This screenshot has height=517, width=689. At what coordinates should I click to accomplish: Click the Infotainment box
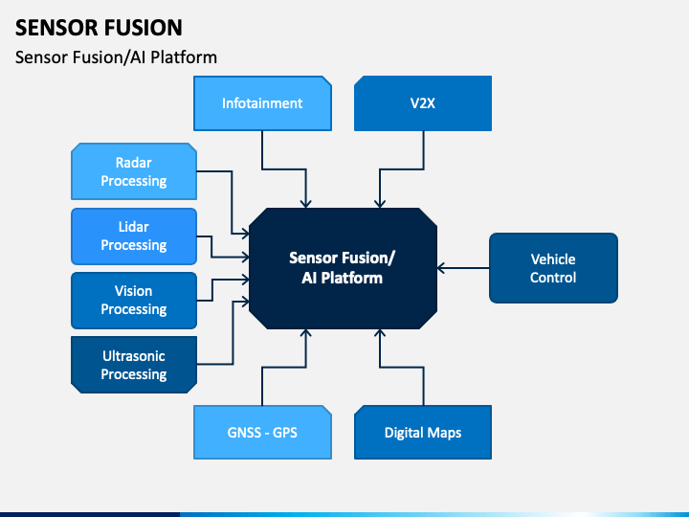[x=262, y=103]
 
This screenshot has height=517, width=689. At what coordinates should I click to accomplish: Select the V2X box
[x=423, y=103]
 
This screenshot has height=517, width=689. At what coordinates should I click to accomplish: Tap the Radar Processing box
[x=134, y=171]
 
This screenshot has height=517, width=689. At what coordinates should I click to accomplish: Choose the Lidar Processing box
[x=134, y=236]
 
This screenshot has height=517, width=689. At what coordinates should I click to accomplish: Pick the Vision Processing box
[x=134, y=301]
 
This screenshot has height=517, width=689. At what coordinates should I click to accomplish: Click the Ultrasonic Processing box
[x=134, y=365]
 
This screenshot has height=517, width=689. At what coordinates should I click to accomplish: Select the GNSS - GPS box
[x=262, y=432]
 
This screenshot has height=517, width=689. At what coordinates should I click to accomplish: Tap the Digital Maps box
[x=423, y=432]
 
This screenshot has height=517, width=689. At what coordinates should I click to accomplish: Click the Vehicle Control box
[x=553, y=268]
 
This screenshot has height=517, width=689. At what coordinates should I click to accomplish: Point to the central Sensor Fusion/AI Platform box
[x=343, y=268]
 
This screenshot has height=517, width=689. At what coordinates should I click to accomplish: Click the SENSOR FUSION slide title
[x=99, y=28]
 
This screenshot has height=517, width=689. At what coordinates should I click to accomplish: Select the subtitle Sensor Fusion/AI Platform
[x=116, y=57]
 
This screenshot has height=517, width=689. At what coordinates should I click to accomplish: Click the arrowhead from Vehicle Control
[x=441, y=268]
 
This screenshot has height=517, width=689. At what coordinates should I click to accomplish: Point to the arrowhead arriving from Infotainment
[x=306, y=204]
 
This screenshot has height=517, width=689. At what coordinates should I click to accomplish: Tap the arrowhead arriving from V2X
[x=380, y=204]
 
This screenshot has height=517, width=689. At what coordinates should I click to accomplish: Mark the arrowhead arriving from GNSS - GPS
[x=306, y=333]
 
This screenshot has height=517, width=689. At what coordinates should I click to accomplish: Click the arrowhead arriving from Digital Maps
[x=380, y=333]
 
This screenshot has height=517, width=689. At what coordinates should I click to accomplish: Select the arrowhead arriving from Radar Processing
[x=245, y=234]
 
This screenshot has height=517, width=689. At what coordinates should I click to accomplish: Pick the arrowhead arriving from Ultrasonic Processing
[x=245, y=302]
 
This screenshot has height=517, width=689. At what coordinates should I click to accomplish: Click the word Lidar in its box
[x=134, y=227]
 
